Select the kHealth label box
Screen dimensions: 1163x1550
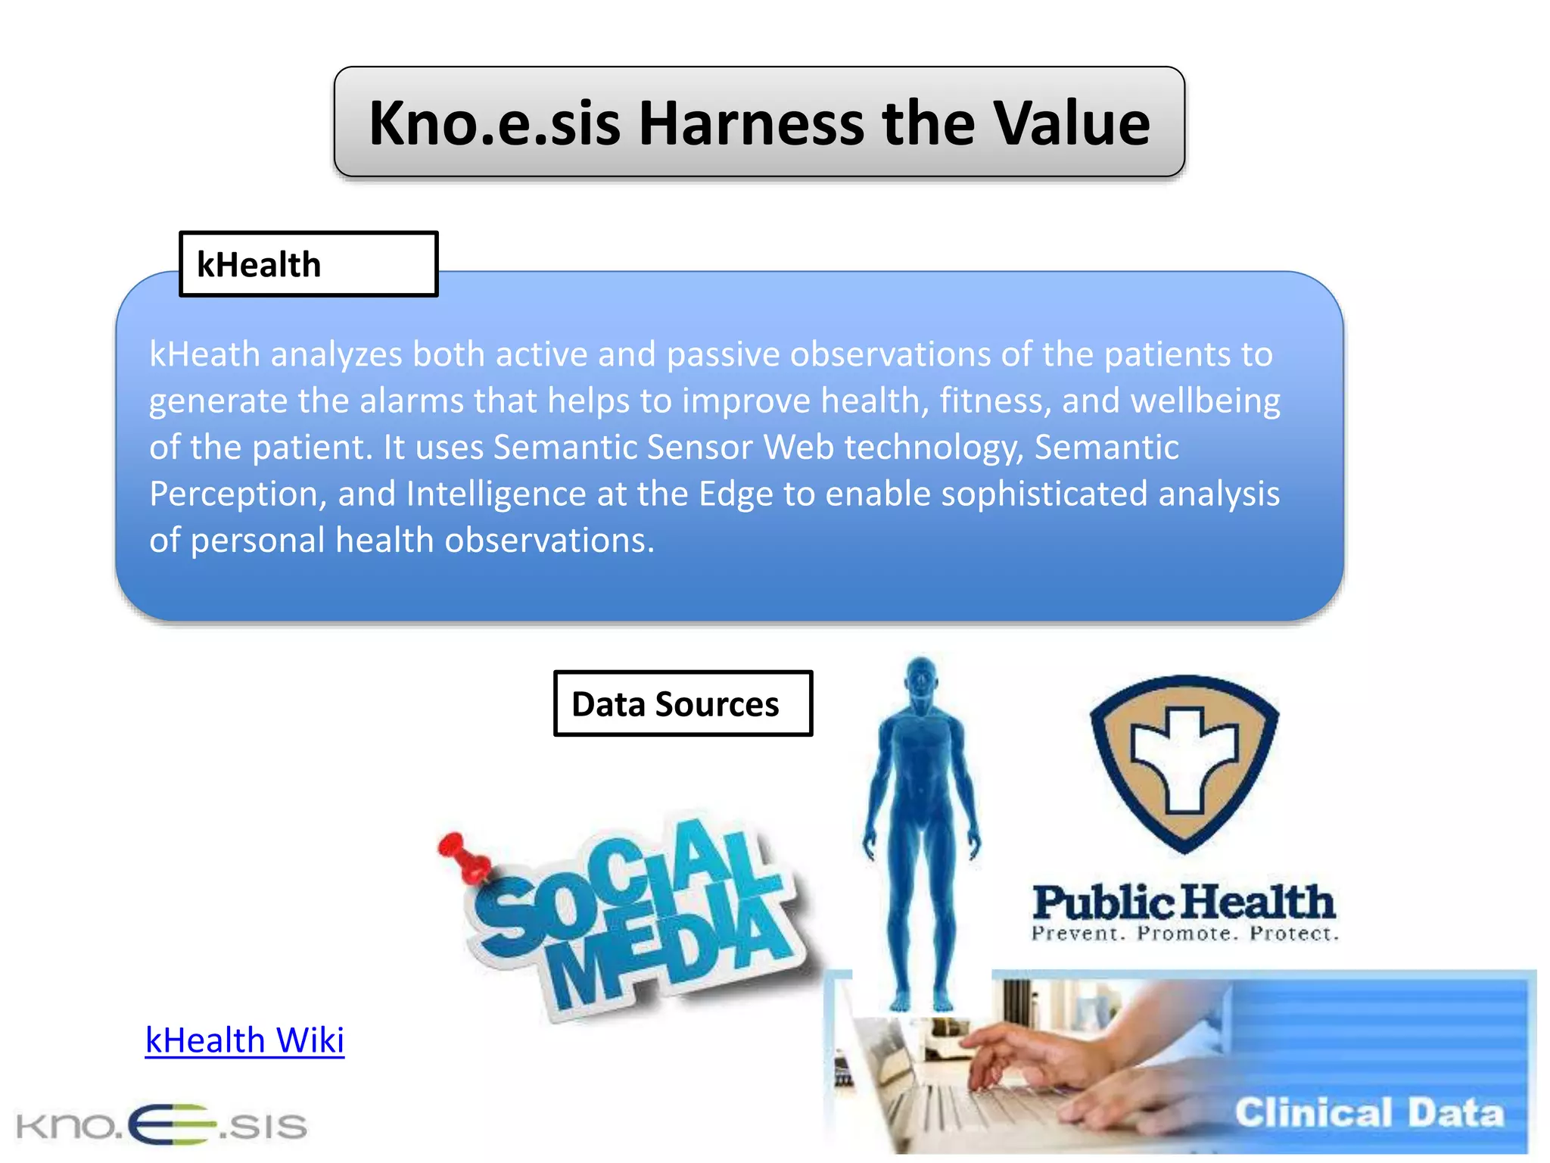click(308, 264)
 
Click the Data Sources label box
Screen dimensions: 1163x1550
click(683, 703)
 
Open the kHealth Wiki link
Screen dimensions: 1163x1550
click(244, 1040)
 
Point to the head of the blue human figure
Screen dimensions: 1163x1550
click(921, 676)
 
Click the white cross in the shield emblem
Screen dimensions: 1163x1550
click(1184, 760)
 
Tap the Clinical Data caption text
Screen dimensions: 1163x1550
click(1368, 1113)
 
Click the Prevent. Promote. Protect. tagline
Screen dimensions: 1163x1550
click(1184, 934)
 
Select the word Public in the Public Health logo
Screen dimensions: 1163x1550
click(1103, 903)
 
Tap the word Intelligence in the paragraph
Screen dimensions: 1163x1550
click(496, 494)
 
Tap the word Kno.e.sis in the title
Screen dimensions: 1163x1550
click(494, 123)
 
